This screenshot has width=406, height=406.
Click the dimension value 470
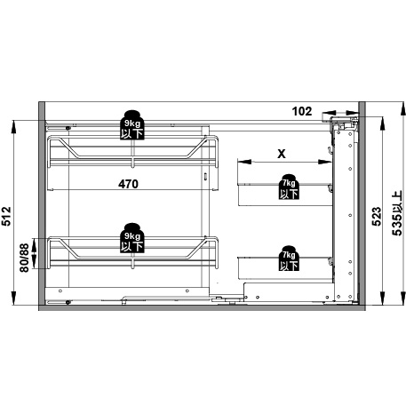128,184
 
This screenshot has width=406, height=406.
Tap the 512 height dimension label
6,216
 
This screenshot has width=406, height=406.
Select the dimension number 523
377,217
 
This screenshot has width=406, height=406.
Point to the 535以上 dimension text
397,213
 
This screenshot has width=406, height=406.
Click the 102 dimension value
302,111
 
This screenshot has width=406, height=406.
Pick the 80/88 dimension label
24,258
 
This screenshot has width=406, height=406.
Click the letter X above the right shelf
282,154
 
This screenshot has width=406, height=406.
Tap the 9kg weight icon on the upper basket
132,124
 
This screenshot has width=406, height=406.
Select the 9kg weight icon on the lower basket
132,238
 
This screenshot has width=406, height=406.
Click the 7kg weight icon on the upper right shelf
289,187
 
